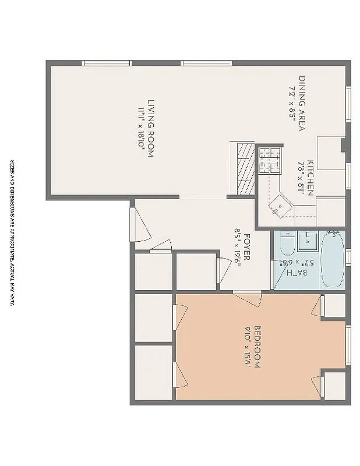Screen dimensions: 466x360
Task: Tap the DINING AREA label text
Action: (x=302, y=104)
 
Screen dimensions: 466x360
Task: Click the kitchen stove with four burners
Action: (x=270, y=161)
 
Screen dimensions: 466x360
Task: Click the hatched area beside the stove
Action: (x=246, y=170)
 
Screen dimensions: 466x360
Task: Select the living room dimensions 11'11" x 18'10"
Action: (x=140, y=129)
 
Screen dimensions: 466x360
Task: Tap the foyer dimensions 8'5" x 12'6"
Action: (x=237, y=246)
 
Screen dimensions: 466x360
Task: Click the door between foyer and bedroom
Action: (x=248, y=298)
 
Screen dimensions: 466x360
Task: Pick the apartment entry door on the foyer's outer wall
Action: (x=140, y=224)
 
